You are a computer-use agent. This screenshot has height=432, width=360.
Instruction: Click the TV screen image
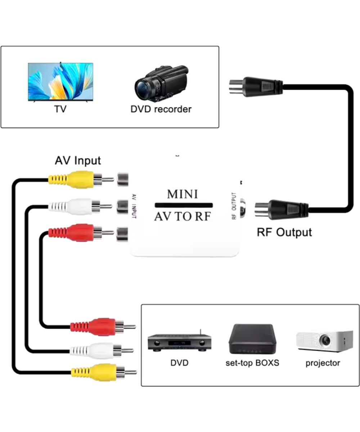pos(60,82)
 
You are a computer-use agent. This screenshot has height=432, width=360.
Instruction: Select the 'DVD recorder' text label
pos(161,109)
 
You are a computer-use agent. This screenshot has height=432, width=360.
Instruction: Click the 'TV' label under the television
pos(60,109)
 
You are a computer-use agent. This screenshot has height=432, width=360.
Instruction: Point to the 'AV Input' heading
pos(78,160)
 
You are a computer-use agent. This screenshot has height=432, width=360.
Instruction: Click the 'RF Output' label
pos(284,232)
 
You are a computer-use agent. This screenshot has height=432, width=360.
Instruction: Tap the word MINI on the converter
pos(183,194)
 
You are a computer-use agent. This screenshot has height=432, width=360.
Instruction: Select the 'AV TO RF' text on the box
pos(183,216)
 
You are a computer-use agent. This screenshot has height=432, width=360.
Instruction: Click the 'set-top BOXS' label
pos(252,363)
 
